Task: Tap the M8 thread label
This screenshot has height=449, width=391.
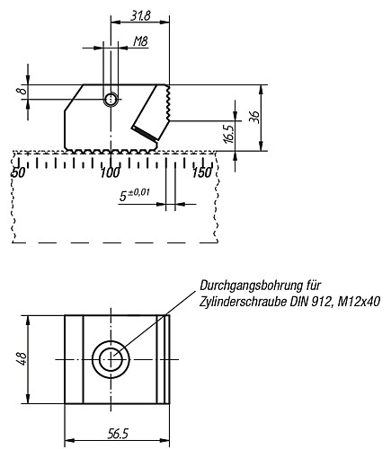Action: point(139,41)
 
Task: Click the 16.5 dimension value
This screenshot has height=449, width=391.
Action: point(228,135)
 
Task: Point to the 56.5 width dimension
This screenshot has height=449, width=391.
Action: point(117,433)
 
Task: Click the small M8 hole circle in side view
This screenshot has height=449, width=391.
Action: point(111,100)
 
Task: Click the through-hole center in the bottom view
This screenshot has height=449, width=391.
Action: point(111,359)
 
